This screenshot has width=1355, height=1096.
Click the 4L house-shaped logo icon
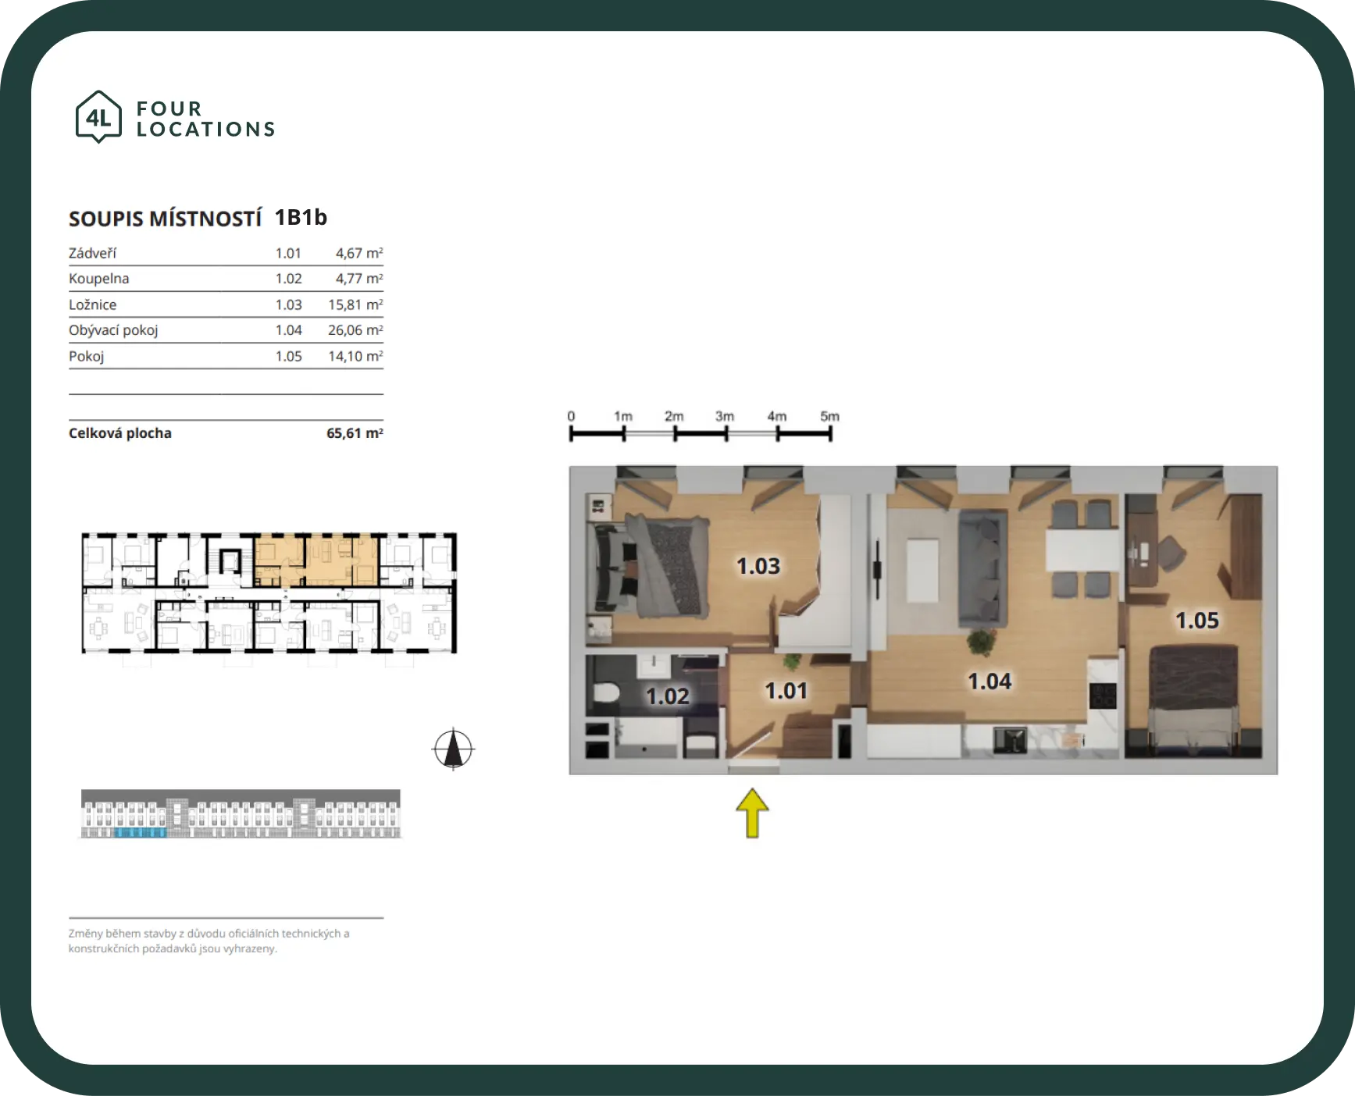(98, 116)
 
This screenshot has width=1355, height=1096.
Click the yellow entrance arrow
(752, 813)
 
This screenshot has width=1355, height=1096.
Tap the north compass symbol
(453, 749)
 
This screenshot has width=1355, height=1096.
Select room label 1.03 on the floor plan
(758, 566)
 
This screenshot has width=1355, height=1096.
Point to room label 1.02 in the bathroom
(668, 696)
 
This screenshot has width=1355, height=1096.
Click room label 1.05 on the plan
(1197, 621)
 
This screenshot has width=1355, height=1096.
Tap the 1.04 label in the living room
(990, 681)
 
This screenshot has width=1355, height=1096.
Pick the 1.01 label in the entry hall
(786, 691)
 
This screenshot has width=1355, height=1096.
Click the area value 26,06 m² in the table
(355, 330)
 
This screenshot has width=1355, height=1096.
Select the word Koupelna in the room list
(99, 279)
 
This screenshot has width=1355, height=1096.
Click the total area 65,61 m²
(355, 433)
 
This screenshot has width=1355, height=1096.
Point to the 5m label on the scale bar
(829, 416)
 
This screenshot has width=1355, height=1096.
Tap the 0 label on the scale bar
(571, 416)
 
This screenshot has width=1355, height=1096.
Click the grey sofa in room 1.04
(982, 567)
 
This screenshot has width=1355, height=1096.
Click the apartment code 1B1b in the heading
(301, 217)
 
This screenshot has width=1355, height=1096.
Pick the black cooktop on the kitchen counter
(1103, 695)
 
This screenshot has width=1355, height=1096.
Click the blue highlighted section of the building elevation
(141, 833)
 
